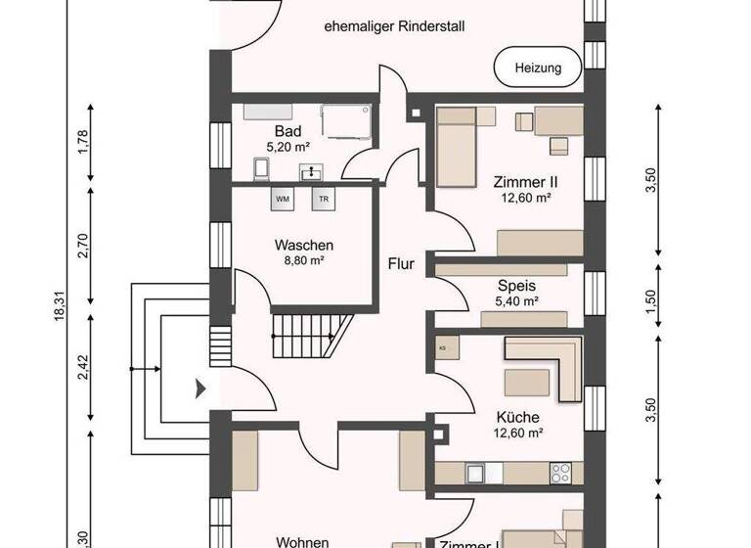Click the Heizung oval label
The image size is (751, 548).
[536, 68]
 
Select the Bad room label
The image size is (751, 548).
[287, 131]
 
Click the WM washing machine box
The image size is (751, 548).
[283, 199]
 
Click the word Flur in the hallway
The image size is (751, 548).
[402, 263]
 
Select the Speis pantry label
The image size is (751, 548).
[516, 285]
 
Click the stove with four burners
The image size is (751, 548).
[562, 472]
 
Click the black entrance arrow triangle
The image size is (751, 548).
[201, 388]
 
